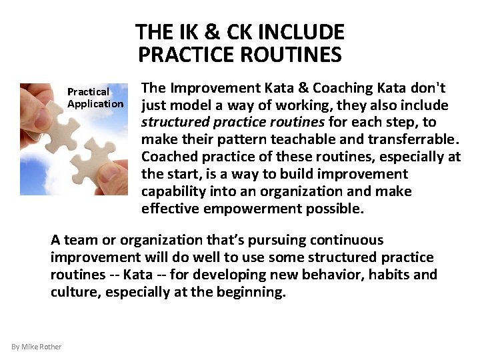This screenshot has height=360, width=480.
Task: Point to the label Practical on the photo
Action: click(88, 91)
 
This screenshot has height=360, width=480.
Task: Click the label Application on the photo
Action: click(95, 103)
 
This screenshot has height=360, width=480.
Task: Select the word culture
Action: click(73, 292)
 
